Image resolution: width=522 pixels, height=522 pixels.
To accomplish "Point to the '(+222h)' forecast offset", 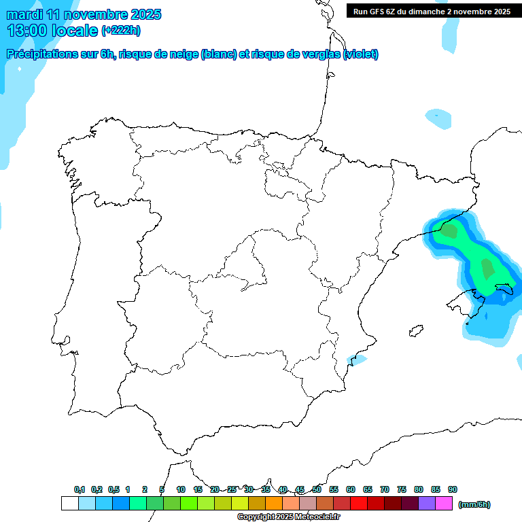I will [121, 31].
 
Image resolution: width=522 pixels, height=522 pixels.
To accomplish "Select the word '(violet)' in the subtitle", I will [360, 54].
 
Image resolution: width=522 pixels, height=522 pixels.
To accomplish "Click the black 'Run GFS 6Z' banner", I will [432, 12].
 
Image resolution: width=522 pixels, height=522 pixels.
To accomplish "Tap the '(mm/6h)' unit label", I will [474, 504].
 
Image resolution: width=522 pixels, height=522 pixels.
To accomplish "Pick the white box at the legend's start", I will [69, 504].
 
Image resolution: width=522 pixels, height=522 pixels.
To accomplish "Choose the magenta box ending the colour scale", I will [444, 504].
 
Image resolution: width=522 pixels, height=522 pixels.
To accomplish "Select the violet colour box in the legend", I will [427, 504].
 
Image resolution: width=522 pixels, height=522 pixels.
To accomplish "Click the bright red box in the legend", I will [359, 504].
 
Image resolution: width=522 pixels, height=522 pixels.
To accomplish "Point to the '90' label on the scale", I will [453, 489].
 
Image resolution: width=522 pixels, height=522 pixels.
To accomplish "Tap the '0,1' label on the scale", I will [80, 489].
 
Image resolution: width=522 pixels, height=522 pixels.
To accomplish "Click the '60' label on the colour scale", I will [351, 489].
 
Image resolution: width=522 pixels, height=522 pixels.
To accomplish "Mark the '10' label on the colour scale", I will [181, 489].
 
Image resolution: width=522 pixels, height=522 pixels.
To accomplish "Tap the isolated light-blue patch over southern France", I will [438, 118].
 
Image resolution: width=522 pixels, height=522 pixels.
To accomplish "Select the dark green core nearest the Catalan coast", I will [449, 231].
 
